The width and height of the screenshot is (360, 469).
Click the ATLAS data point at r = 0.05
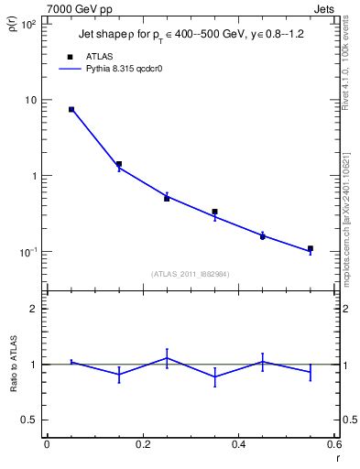click(71, 109)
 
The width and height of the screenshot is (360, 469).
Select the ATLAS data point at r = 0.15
click(119, 164)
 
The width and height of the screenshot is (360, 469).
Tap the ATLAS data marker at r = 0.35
click(214, 212)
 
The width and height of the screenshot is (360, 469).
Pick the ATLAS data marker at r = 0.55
click(311, 248)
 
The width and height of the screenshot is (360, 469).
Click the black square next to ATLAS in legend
click(70, 56)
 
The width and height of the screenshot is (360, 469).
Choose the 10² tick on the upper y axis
click(27, 24)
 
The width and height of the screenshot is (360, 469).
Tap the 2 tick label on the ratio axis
click(33, 309)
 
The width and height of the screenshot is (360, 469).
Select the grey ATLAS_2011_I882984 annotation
click(191, 273)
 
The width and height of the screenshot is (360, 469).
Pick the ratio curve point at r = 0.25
click(167, 358)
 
